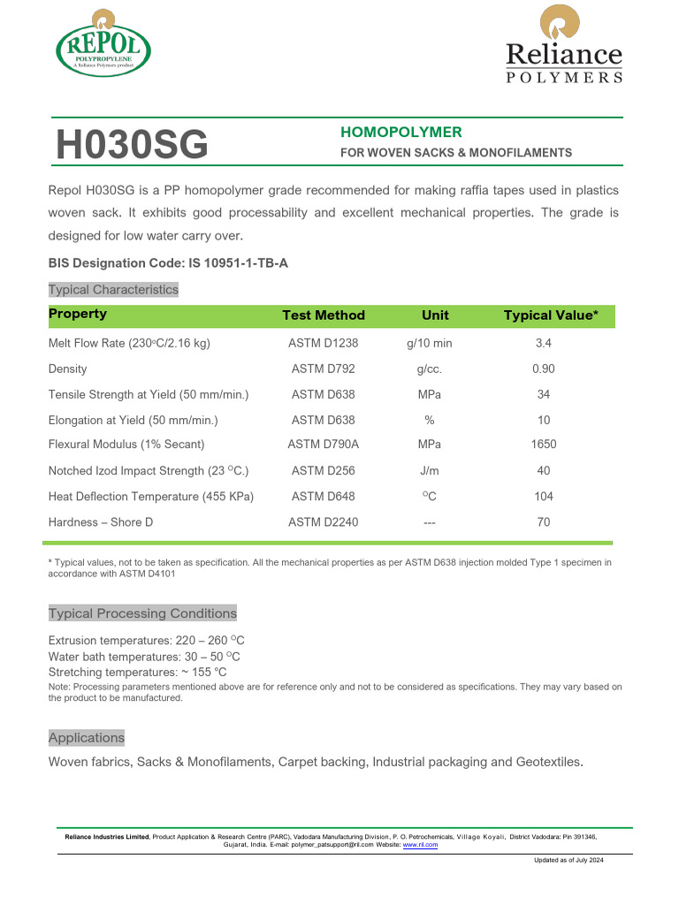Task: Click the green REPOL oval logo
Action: coord(103,44)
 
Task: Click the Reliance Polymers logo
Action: coord(563,46)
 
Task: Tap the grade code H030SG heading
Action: coord(132,145)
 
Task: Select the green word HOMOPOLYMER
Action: coord(401,133)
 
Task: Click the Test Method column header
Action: coord(323,316)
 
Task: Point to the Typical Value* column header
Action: coord(550,316)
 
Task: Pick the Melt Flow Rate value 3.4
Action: coord(544,343)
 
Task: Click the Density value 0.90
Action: coord(544,369)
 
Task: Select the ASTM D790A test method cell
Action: coord(323,445)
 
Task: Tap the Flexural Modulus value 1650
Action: coord(544,445)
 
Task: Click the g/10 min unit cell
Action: coord(429,343)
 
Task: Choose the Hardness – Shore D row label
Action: coord(101,522)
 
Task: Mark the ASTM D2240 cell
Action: coord(323,522)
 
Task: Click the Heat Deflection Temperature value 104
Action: coord(544,497)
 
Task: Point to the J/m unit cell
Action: coord(429,471)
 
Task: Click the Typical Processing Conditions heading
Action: coord(142,613)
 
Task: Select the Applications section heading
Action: coord(87,738)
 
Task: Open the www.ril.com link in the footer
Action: coord(420,845)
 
